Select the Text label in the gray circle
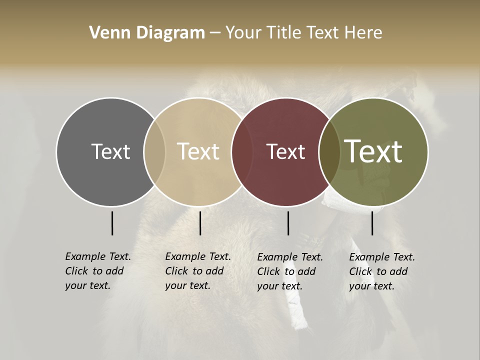[110, 151]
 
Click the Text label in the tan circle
[198, 151]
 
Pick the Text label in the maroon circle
[286, 151]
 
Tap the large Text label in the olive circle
[373, 151]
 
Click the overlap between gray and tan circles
[154, 151]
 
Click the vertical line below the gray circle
[112, 223]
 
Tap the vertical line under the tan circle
[200, 223]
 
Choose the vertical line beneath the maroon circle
[288, 223]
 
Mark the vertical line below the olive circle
[372, 223]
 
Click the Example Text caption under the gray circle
[97, 271]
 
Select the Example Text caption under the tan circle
[197, 271]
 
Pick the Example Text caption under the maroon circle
[289, 271]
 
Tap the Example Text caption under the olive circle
[381, 271]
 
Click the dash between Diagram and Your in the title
[214, 33]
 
